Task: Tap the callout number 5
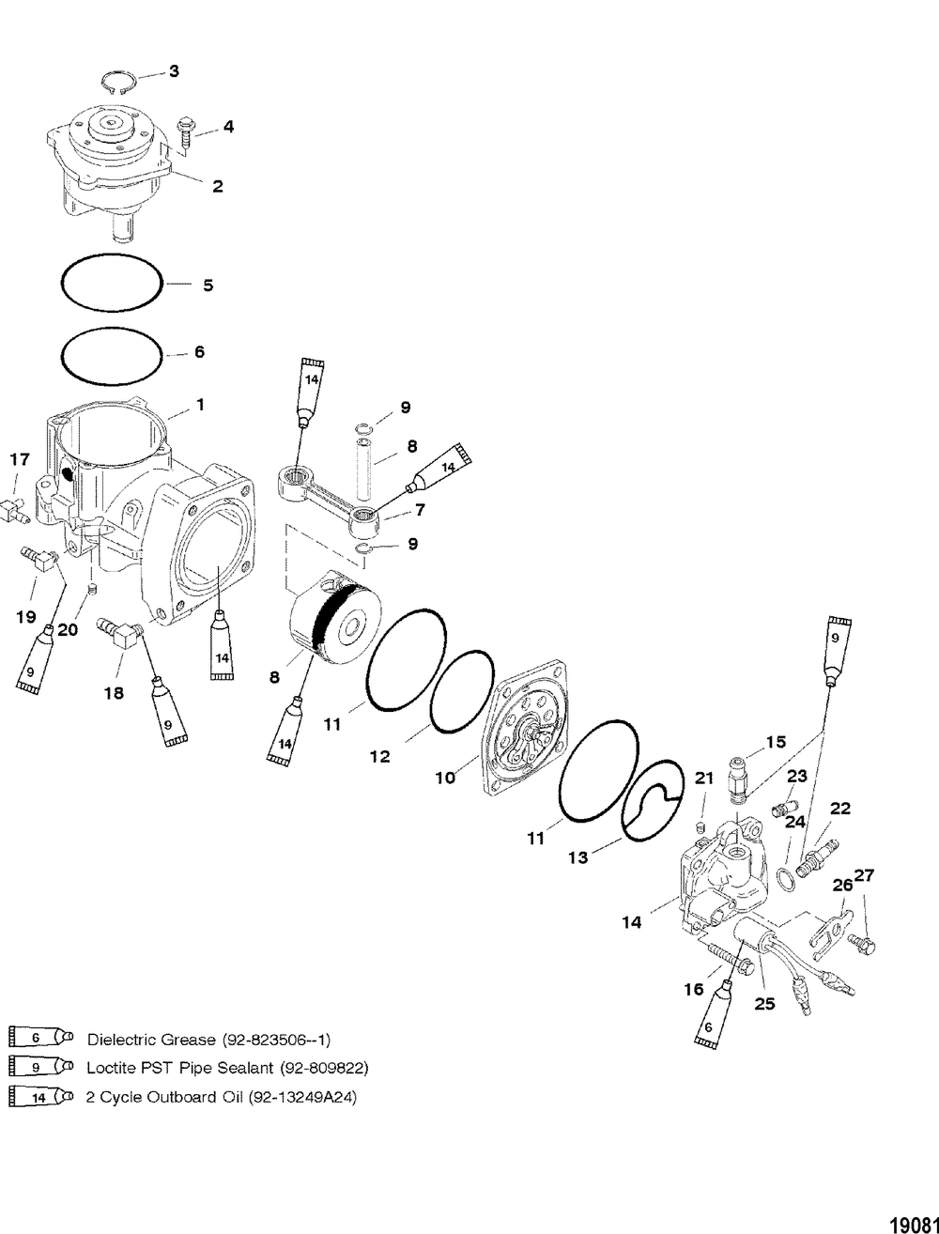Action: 208,285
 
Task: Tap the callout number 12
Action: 379,756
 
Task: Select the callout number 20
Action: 68,630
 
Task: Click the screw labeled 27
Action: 863,939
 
